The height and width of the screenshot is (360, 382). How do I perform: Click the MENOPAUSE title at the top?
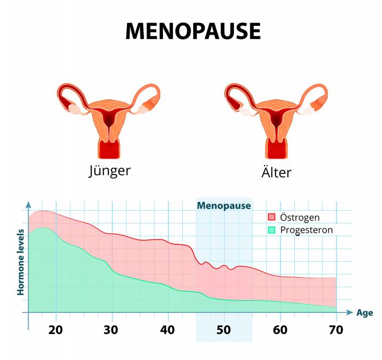click(x=193, y=31)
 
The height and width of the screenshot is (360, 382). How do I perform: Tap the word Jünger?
click(x=110, y=171)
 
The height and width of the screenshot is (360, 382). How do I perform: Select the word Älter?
click(x=276, y=171)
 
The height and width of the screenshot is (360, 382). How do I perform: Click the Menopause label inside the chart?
click(x=224, y=206)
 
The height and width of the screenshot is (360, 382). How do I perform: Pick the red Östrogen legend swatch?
click(x=271, y=218)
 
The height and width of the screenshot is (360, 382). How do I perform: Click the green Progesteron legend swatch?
click(x=271, y=230)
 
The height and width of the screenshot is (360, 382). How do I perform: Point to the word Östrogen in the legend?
click(x=300, y=218)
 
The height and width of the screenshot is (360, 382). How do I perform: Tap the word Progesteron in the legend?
click(x=306, y=230)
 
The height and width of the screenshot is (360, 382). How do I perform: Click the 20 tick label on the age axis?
click(x=55, y=330)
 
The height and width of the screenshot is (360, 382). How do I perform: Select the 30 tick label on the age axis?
click(x=112, y=330)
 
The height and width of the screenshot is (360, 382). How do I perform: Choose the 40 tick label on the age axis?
click(x=168, y=330)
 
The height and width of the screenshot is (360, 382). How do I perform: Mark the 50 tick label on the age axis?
click(x=224, y=330)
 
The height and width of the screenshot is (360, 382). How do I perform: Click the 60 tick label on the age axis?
click(x=280, y=330)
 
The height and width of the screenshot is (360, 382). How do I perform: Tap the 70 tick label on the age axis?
click(x=336, y=330)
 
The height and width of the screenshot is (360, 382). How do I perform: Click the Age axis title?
click(x=364, y=313)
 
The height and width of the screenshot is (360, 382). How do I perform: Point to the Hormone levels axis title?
click(x=20, y=262)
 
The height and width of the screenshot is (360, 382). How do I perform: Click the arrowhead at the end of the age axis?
click(x=350, y=312)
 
